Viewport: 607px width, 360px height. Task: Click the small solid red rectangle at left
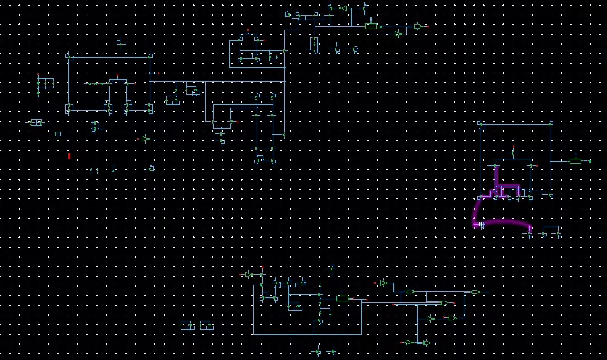point(69,156)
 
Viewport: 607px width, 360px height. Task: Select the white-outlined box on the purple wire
point(481,224)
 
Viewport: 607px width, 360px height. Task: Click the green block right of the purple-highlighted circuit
point(576,161)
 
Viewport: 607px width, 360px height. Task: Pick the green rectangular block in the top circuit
point(370,26)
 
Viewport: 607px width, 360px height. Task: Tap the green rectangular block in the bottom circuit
point(343,299)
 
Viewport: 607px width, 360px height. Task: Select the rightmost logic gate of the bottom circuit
point(475,292)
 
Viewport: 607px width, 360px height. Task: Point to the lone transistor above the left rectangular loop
point(120,42)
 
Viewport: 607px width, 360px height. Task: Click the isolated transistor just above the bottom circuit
point(333,269)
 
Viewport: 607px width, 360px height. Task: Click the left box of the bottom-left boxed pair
point(186,325)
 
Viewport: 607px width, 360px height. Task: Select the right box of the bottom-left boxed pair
point(206,325)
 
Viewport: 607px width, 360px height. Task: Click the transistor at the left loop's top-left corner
point(68,56)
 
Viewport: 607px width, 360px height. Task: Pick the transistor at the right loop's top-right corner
point(551,123)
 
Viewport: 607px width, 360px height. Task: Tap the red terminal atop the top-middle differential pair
point(248,29)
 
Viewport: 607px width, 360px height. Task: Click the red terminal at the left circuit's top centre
point(117,74)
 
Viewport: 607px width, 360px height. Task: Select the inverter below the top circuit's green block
point(398,34)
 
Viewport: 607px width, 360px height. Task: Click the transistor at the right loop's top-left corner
point(480,123)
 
